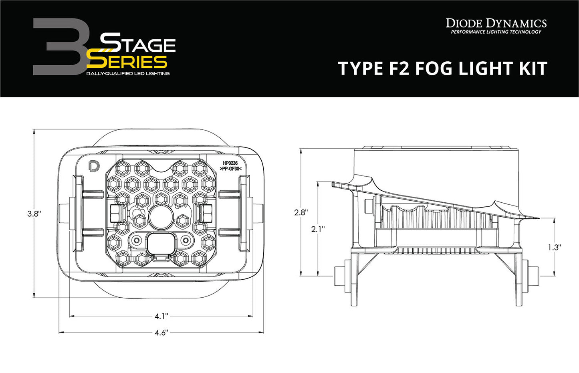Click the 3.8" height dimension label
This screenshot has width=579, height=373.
pos(34,214)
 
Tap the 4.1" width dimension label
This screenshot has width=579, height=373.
pos(161,317)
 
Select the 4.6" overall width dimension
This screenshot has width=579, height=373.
pos(161,333)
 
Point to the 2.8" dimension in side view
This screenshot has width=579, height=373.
pos(301,212)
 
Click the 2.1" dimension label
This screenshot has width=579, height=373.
pos(318,229)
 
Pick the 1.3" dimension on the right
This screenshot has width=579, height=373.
pos(555,248)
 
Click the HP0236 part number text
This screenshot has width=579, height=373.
pos(230,163)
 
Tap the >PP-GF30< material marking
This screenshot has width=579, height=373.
pos(230,169)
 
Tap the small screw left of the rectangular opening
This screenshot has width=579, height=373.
pos(137,240)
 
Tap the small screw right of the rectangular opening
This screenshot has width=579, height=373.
pos(186,240)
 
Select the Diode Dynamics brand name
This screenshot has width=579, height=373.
pos(496,23)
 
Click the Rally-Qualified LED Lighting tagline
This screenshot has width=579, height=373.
pos(128,74)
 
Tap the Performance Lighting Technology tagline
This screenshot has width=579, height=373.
pos(496,32)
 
